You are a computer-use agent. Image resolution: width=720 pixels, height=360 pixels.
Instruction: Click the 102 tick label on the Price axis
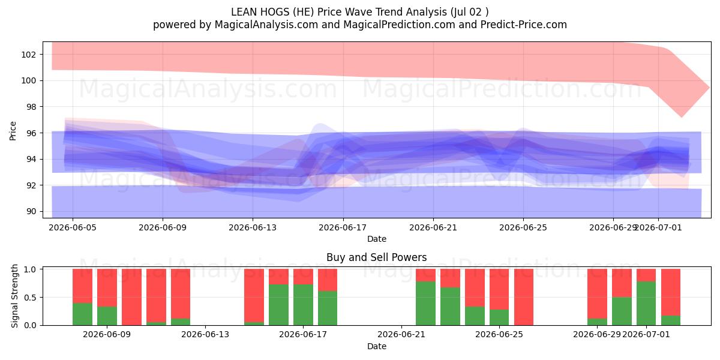pos(28,55)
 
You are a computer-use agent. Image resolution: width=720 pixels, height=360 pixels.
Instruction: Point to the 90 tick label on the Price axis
pos(31,211)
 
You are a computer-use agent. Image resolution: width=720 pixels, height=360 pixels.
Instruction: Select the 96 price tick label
pos(31,133)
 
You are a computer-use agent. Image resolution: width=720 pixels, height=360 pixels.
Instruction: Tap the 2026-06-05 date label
pos(73,227)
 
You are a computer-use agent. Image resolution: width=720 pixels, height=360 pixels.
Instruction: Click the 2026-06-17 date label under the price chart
pos(343,227)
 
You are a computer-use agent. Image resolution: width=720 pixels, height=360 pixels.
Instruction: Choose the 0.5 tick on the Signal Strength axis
pos(30,298)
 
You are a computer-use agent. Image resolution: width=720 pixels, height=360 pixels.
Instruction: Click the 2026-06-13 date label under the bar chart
pos(205,334)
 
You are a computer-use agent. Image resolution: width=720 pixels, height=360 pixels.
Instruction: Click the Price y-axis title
pos(13,131)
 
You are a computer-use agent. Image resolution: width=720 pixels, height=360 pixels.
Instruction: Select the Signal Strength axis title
pos(14,296)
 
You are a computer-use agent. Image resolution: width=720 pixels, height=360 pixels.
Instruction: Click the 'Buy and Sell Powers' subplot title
pos(376,257)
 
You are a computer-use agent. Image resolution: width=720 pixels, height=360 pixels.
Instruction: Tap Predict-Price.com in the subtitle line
pos(524,25)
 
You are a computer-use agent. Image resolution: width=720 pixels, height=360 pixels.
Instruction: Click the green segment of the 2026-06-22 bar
pos(425,304)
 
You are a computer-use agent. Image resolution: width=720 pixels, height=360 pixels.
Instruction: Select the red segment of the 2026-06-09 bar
pos(107,287)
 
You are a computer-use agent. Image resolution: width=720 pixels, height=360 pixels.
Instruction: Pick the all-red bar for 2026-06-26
pos(524,298)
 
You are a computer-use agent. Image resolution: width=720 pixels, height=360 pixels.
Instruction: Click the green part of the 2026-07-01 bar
pos(646,304)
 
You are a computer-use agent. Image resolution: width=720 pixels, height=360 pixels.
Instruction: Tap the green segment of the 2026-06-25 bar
pos(499,317)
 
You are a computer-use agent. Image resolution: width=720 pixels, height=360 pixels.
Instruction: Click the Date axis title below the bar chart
pos(377,346)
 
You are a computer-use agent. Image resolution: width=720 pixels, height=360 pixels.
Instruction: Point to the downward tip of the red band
pos(681,117)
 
